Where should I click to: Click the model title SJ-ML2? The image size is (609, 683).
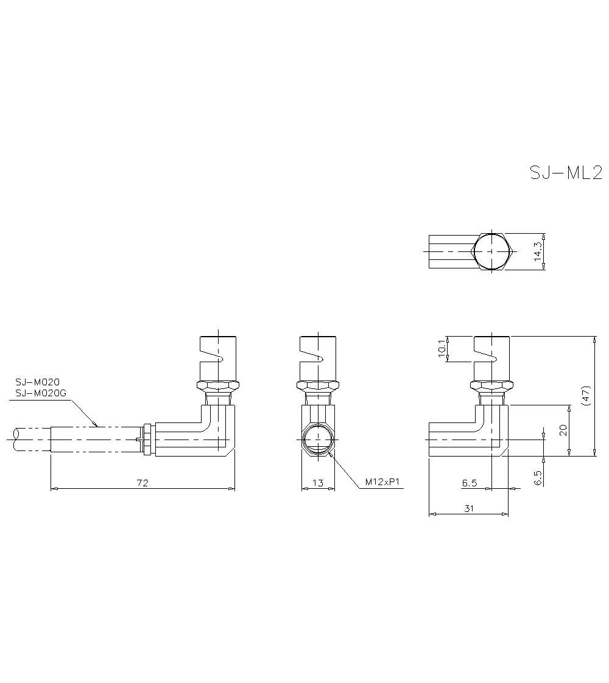tap(565, 173)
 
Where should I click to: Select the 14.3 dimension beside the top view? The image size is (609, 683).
tap(537, 251)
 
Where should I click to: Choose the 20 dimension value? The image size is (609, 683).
tap(563, 430)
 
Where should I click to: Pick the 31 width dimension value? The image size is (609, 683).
tap(469, 508)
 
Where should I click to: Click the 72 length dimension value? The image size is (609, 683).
tap(142, 483)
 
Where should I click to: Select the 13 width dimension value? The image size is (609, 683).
tap(318, 483)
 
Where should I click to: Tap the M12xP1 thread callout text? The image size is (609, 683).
tap(382, 482)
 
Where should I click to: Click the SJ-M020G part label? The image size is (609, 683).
tap(40, 394)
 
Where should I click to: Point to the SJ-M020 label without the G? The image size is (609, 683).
tap(37, 382)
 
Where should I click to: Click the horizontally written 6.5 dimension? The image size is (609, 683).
tap(469, 483)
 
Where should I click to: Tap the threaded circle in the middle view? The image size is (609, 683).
tap(318, 438)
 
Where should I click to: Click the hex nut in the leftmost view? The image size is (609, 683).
tap(217, 385)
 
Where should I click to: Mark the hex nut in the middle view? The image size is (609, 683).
tap(318, 385)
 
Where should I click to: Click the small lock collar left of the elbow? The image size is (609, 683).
tap(146, 438)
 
